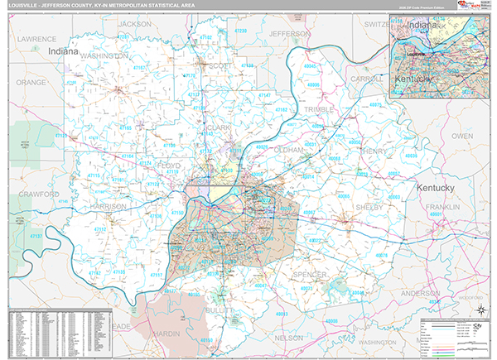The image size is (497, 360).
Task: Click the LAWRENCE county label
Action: coord(37,39)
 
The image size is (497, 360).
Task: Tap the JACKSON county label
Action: coord(136,24)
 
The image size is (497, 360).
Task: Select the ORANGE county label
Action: coord(31,83)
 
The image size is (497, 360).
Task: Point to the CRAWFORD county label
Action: coord(39,194)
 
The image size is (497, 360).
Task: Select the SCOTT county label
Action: coord(220,65)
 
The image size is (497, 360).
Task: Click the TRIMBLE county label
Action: coord(319,109)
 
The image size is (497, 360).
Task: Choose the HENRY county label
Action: coord(374,151)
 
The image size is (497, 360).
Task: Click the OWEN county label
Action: coord(461,135)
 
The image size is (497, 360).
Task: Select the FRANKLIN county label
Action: coord(443,207)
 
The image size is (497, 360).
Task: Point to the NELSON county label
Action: coord(288,338)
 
